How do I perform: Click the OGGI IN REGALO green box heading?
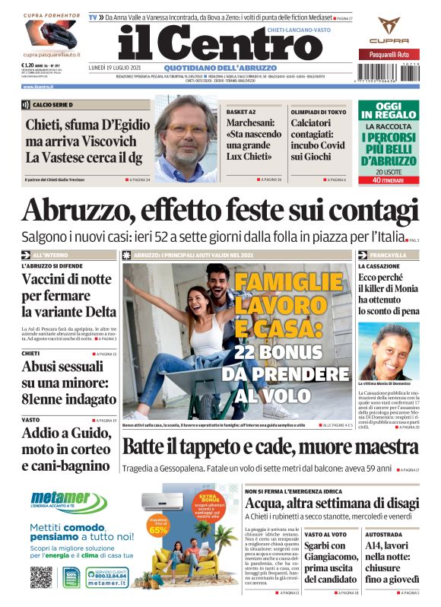pos(389,112)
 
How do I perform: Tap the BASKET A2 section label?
pos(241,111)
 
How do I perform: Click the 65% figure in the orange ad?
pos(158,529)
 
